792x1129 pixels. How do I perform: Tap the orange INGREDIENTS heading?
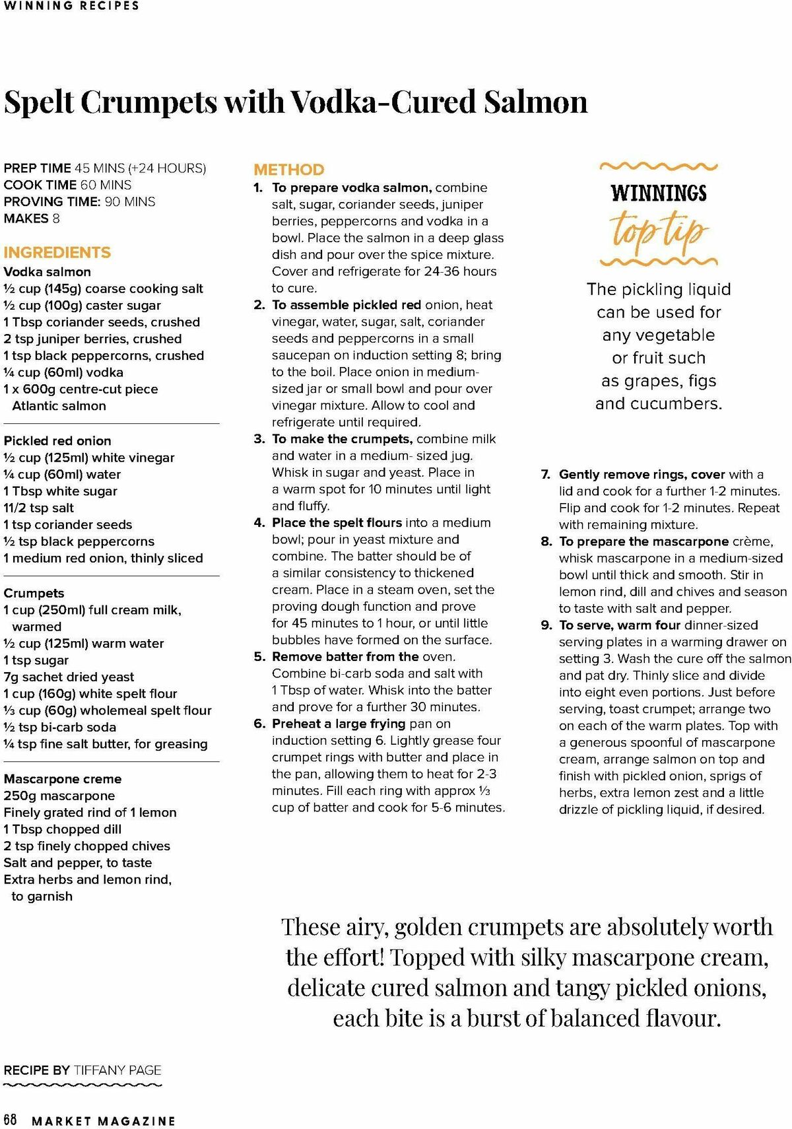[x=57, y=252]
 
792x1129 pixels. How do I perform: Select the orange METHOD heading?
[x=289, y=170]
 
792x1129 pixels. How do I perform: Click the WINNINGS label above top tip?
[x=659, y=193]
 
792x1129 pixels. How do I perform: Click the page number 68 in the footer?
[x=11, y=1120]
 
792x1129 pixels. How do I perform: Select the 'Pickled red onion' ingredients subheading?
[x=57, y=441]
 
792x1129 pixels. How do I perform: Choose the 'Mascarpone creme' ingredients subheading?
[x=63, y=779]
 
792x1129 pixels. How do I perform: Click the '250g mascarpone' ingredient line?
[x=59, y=796]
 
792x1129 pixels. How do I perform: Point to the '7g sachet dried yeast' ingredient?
[x=69, y=677]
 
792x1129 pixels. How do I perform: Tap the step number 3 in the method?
[x=259, y=439]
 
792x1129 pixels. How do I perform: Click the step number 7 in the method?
[x=546, y=474]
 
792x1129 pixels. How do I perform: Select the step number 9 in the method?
[x=546, y=625]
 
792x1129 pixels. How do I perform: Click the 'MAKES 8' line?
[x=32, y=219]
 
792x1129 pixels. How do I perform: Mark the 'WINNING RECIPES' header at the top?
[x=71, y=6]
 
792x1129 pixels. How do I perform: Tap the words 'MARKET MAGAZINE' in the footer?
[x=104, y=1121]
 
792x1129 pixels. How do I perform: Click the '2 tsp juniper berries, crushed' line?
[x=92, y=339]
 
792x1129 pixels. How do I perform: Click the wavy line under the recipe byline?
[x=82, y=1085]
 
